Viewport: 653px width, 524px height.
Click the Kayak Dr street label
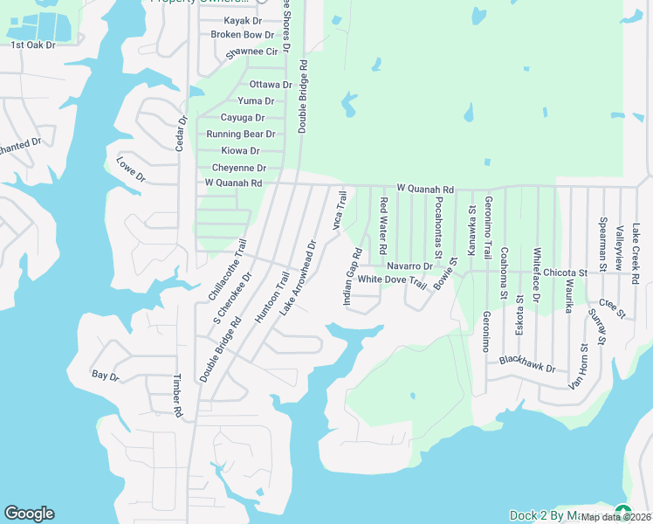(243, 20)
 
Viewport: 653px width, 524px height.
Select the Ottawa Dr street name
(270, 85)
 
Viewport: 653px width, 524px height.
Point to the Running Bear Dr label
(240, 134)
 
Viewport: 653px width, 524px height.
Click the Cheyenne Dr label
(238, 168)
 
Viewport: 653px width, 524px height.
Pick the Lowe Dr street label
(131, 169)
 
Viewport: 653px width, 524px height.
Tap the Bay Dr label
(105, 376)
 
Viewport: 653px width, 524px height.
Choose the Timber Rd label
(177, 395)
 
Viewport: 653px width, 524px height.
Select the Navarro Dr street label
(409, 265)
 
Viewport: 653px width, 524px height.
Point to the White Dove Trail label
(392, 280)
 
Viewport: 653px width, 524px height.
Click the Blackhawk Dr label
(527, 364)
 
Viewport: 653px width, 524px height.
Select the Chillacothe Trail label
(227, 270)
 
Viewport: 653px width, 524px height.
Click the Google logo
(29, 514)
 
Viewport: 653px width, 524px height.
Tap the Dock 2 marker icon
(622, 513)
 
